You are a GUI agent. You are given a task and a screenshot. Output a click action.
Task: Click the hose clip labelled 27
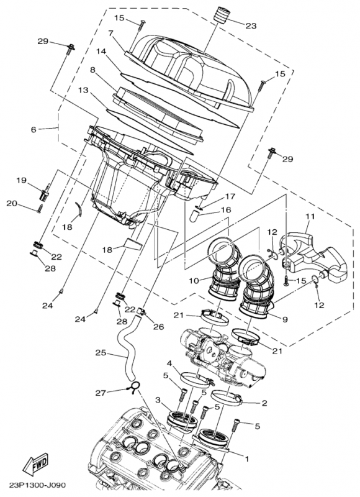click(133, 390)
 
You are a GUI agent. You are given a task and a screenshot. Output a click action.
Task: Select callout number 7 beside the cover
click(110, 33)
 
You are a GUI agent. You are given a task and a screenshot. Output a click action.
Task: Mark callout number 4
click(169, 363)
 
